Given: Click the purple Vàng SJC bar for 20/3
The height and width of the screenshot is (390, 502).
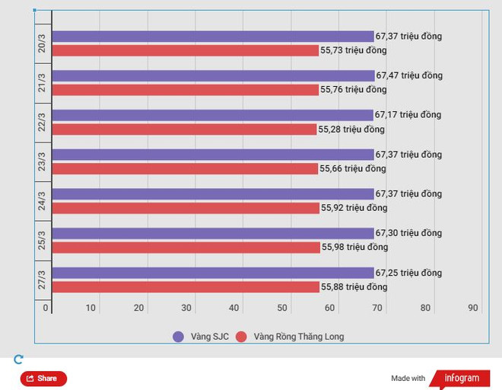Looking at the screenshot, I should pos(213,37).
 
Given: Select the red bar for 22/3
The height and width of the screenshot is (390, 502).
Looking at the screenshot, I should pos(184,129).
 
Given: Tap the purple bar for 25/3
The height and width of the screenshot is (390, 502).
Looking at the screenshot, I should pos(213,233).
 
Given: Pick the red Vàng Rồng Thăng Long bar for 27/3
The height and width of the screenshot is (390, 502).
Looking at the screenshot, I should pos(186,287).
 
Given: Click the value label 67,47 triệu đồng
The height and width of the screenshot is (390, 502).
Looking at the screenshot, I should pos(408,76).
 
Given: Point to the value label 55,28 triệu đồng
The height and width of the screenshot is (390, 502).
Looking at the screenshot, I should pos(351,129).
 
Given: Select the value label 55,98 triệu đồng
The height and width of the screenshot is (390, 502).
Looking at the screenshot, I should pos(354,248).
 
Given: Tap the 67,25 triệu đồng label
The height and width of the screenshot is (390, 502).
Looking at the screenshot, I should pos(408,273).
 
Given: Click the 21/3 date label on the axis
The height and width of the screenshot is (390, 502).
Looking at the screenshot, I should pos(43,83).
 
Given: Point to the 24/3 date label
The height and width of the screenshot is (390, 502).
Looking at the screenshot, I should pos(43,201).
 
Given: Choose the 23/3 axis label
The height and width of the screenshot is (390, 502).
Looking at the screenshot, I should pos(43,161).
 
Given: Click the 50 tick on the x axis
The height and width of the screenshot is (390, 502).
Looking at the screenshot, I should pos(282,308).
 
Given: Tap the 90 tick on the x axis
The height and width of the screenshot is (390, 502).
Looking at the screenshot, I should pos(473,308).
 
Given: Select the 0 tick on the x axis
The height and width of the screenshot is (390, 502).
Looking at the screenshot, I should pos(46,308).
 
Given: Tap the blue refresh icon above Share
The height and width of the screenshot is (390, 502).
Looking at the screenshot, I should pos(19,360).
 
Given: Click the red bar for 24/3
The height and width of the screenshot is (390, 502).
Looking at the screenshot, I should pos(186,208).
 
